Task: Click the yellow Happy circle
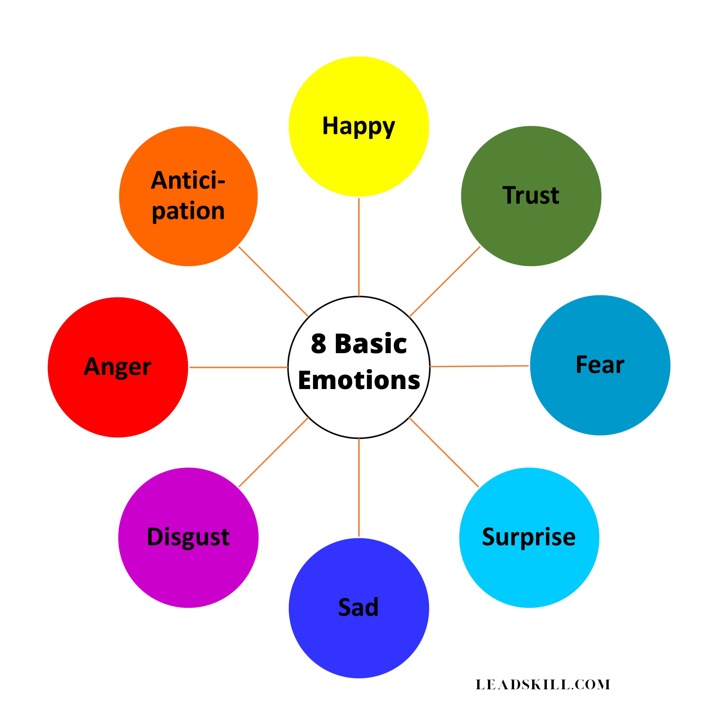click(359, 126)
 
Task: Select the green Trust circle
click(531, 196)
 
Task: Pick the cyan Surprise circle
click(529, 538)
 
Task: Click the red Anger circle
click(118, 367)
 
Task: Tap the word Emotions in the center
click(359, 381)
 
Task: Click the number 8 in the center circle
click(319, 343)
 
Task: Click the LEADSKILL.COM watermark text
click(543, 684)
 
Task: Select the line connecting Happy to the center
click(359, 247)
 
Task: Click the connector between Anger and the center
click(239, 367)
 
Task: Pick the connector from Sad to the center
click(359, 488)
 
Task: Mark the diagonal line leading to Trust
click(444, 281)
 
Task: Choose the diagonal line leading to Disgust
click(274, 452)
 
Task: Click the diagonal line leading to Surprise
click(444, 452)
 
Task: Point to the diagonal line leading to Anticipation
click(274, 281)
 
